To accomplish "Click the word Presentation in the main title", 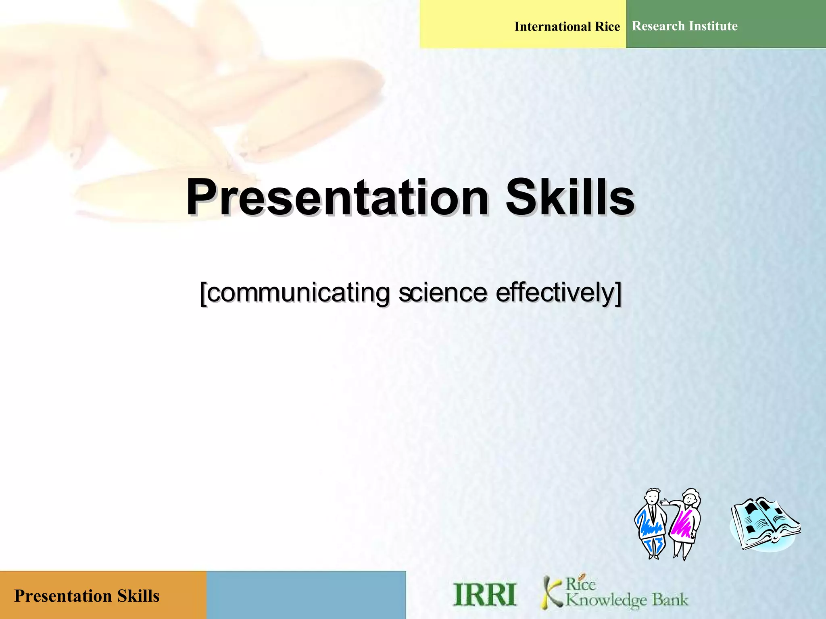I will pos(337,197).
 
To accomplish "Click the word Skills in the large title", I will pos(569,197).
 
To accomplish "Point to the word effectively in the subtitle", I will pos(557,293).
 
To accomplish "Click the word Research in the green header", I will pos(658,26).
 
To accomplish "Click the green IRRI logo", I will pos(484,595).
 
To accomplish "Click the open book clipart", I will pos(765,524).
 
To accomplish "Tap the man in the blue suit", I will pos(651,524).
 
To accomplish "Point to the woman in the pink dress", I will pos(684,524).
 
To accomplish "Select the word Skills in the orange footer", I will pos(138,596).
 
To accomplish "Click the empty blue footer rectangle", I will pos(306,595).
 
